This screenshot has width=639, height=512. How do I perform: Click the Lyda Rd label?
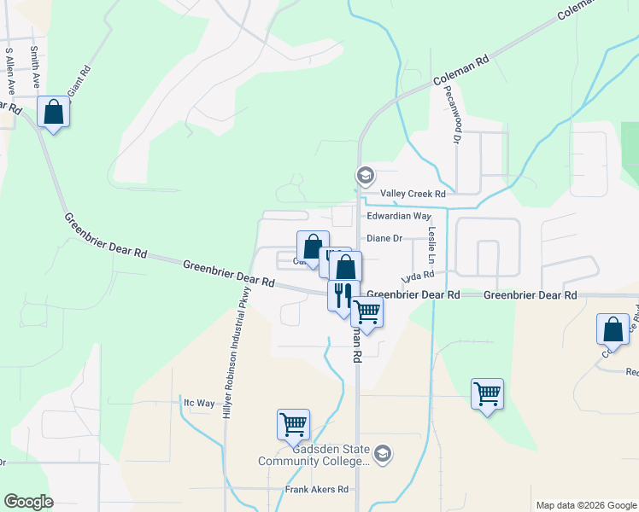point(419,276)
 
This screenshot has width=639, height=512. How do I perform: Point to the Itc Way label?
point(199,403)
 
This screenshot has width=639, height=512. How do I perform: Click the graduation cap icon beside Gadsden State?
point(384,455)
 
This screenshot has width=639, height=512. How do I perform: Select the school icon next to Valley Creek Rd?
point(366,176)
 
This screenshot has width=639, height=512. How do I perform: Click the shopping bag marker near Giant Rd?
point(54,113)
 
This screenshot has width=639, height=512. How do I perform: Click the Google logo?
point(28,502)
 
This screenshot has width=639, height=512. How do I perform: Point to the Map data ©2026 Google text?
point(585,505)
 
